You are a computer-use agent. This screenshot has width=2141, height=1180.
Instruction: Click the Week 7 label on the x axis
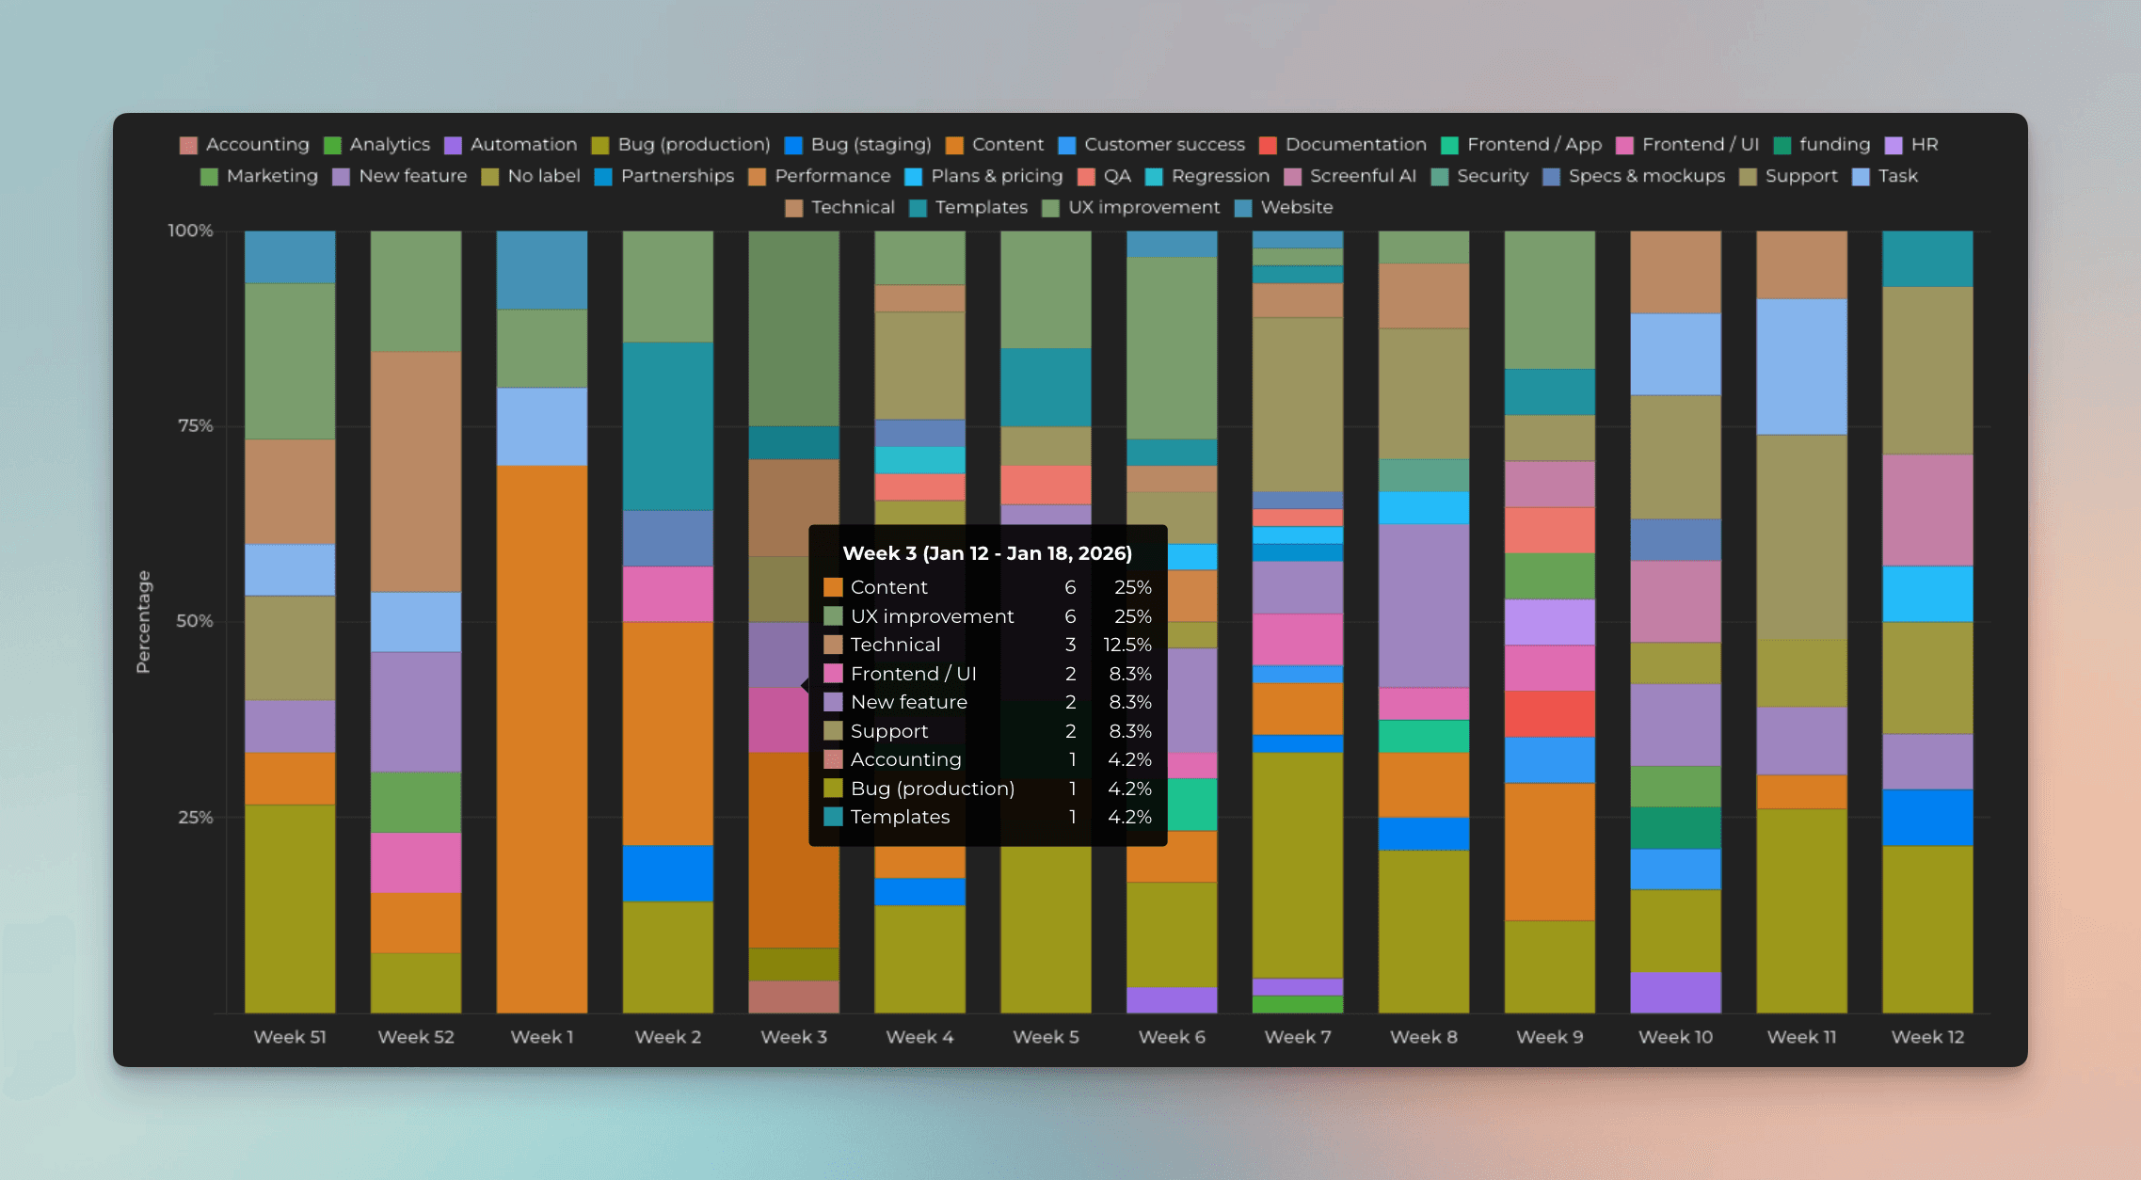[x=1297, y=1037]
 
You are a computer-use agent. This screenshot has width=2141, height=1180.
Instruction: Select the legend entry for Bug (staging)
[x=857, y=144]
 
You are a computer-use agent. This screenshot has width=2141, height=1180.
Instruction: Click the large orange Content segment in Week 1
[x=542, y=739]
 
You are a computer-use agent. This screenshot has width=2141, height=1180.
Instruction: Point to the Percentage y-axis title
[x=143, y=621]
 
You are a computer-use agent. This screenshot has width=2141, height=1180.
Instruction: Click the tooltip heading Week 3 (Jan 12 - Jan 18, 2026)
[x=986, y=553]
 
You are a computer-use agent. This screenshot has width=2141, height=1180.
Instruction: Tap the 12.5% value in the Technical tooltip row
[x=1126, y=645]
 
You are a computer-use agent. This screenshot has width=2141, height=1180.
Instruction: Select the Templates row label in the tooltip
[x=900, y=817]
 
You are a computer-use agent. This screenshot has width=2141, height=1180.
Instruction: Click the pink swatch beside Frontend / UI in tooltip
[x=833, y=674]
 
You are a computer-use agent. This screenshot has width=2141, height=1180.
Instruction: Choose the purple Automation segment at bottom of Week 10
[x=1675, y=992]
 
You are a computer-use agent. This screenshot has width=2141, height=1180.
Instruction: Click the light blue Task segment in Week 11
[x=1801, y=367]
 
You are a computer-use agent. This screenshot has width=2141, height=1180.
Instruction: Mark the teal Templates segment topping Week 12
[x=1927, y=259]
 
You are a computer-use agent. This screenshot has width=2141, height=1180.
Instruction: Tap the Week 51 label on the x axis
[x=290, y=1037]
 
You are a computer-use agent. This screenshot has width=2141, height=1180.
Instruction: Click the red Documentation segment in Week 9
[x=1549, y=713]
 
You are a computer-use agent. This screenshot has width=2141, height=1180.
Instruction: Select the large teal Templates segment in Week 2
[x=667, y=425]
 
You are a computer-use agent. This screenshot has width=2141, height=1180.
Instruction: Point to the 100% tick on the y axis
[x=190, y=231]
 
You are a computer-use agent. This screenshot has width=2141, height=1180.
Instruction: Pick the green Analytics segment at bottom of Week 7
[x=1297, y=1004]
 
